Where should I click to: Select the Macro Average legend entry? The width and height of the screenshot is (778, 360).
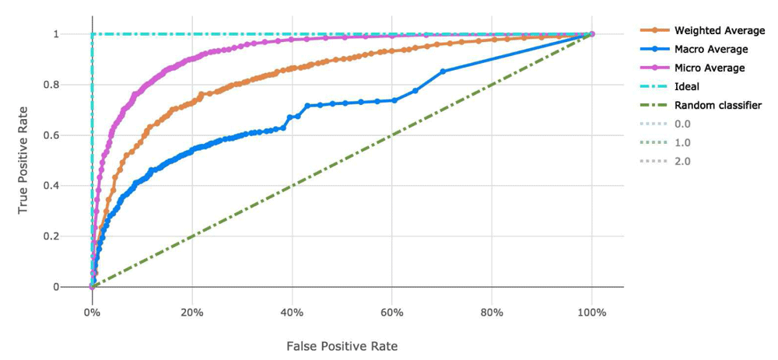pos(710,49)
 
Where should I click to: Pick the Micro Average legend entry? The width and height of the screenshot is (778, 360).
pos(708,68)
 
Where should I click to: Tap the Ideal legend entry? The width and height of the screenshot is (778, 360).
pos(687,86)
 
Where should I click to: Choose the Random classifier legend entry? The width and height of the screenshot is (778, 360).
pos(717,105)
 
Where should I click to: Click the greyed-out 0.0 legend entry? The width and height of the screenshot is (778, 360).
pos(682,124)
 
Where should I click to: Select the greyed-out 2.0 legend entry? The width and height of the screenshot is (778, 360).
pos(682,161)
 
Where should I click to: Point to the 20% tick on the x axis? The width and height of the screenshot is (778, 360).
pos(191,313)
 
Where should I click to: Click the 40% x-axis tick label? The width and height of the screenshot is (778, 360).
pos(292,313)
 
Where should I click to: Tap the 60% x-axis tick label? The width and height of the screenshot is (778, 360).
pos(391,313)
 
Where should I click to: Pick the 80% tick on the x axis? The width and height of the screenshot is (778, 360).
pos(492,313)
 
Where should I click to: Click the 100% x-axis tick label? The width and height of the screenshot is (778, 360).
pos(591,313)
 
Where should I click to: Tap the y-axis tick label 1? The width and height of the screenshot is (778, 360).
pos(77,34)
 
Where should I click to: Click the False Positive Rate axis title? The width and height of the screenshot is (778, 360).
pos(342,345)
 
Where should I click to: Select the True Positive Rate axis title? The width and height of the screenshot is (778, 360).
pos(24,160)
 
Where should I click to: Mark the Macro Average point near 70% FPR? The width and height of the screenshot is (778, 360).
pos(443,72)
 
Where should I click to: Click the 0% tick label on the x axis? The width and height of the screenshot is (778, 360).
pos(92,313)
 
